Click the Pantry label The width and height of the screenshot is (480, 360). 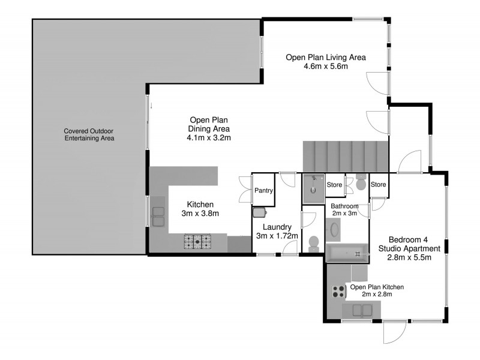264,191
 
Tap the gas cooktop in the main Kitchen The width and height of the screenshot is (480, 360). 197,241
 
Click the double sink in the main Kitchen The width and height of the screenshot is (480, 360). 159,216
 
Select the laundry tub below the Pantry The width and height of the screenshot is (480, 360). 259,211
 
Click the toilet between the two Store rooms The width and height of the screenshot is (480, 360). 361,183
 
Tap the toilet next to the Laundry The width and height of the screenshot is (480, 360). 312,243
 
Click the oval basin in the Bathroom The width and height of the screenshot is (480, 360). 333,229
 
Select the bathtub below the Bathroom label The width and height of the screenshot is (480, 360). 346,254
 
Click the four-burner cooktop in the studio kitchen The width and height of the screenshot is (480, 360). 338,292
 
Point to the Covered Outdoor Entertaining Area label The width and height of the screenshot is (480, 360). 89,134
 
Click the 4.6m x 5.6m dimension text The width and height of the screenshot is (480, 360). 326,66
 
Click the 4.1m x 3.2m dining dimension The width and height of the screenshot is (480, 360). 209,137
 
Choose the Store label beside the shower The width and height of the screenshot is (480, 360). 334,185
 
